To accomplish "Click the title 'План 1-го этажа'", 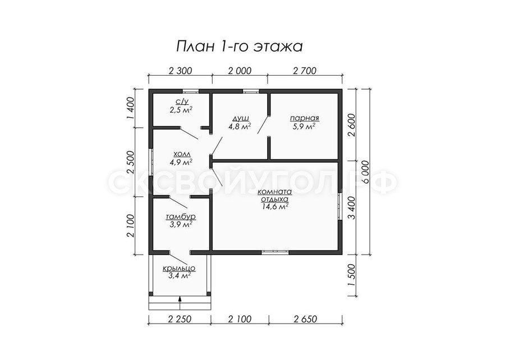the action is point(239,47).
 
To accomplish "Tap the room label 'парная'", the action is point(304,118).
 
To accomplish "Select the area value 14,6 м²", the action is point(275,207).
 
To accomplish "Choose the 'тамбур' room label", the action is point(181,216).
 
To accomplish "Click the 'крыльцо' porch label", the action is point(179,268).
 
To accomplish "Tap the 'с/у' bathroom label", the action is point(182,101).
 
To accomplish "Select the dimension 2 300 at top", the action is point(180,71).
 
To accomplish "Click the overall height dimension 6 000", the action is point(365,172).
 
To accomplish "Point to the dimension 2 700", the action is point(305,71).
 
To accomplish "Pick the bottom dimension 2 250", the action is point(180,319).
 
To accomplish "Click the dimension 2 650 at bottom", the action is point(305,319).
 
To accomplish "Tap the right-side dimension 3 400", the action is point(352,208).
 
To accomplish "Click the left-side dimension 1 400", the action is point(130,108).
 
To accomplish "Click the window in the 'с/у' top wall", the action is point(191,91).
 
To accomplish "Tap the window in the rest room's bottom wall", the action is point(275,252).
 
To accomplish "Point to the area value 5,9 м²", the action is point(304,127).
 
